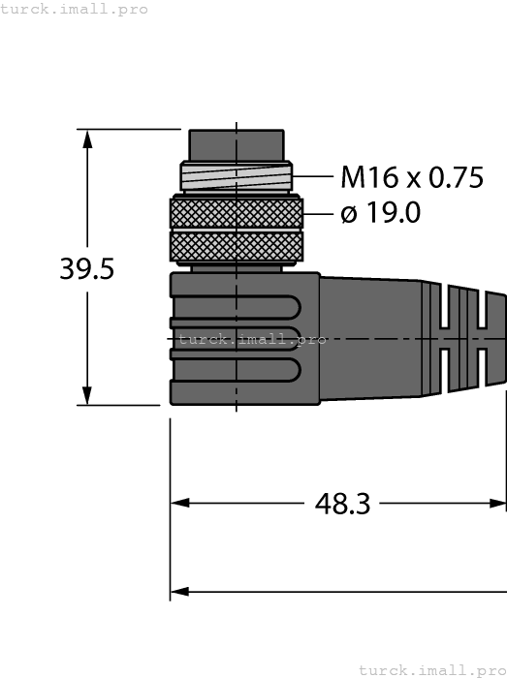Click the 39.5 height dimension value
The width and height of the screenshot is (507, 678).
pos(87,268)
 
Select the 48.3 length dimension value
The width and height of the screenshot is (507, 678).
pos(342,504)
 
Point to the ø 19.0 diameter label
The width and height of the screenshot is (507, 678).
pos(381,213)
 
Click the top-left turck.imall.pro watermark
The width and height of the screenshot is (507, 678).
pos(75,9)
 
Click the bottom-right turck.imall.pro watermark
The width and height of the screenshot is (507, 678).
pos(431,669)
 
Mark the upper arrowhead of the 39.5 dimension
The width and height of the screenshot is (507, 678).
pos(88,139)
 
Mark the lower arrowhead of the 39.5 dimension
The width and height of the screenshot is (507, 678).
pos(88,395)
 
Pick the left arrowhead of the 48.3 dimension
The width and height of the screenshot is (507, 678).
pos(180,504)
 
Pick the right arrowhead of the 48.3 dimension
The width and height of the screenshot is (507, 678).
pos(497,504)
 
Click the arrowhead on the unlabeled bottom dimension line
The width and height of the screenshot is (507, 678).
pos(180,590)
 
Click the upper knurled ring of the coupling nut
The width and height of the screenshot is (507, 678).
pos(236,212)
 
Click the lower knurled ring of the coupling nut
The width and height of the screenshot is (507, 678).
pos(236,246)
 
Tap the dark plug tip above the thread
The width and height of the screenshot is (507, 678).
pos(237,145)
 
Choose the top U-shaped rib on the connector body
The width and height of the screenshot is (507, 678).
pos(233,308)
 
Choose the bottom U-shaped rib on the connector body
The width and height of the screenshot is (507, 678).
pos(233,368)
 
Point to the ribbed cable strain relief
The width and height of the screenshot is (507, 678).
pos(470,339)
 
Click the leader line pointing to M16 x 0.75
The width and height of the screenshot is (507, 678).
pos(312,177)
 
